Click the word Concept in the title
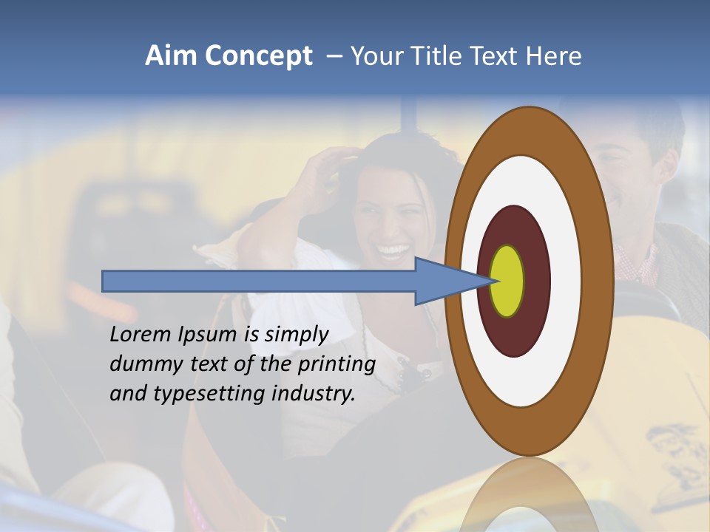click(x=258, y=56)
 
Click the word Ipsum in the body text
click(x=209, y=335)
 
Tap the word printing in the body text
click(x=337, y=364)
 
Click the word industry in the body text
click(x=314, y=393)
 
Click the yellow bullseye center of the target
click(x=507, y=281)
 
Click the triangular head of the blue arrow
click(x=444, y=281)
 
